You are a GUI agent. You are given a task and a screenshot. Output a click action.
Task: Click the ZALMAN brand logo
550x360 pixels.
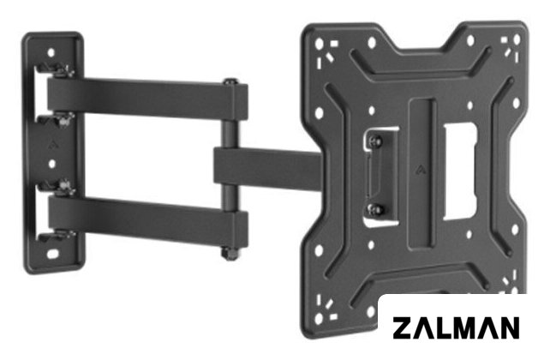tap(456, 328)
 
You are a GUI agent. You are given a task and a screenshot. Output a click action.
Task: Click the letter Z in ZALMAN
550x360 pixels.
tap(403, 328)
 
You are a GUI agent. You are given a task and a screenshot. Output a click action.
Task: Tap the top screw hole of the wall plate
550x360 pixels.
tap(51, 52)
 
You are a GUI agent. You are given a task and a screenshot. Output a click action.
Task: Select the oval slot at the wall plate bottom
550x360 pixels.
tap(53, 254)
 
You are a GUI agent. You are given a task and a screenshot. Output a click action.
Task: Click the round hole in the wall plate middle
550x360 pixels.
tap(52, 164)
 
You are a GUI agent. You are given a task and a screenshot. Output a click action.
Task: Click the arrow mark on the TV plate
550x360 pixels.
tap(421, 170)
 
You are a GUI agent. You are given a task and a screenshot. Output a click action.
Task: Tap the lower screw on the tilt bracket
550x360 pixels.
tap(376, 209)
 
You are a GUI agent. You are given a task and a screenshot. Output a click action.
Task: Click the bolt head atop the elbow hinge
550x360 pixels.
tap(230, 81)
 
